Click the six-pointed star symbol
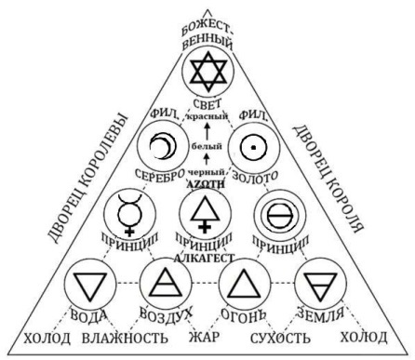click(x=207, y=69)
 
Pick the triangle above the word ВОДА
click(x=90, y=281)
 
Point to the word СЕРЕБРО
click(x=154, y=177)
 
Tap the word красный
click(x=206, y=118)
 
